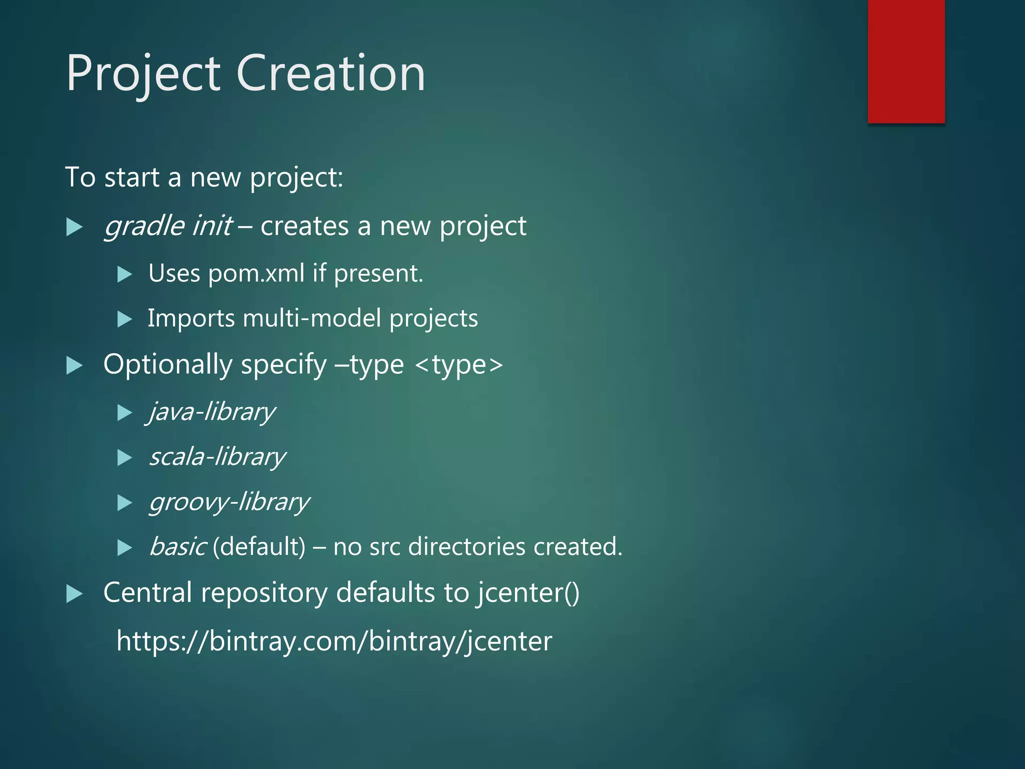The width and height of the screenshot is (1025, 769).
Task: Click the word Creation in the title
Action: (330, 74)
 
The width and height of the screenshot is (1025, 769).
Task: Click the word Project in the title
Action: (143, 74)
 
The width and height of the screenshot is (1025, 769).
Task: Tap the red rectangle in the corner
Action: (906, 61)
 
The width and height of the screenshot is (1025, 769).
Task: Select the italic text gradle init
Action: (168, 226)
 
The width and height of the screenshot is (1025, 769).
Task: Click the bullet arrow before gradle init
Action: (74, 228)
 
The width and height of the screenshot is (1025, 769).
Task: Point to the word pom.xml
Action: (256, 274)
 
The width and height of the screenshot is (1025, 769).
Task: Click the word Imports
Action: (191, 319)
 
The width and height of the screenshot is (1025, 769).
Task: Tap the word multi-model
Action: (311, 319)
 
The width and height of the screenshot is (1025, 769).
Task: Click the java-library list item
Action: (212, 412)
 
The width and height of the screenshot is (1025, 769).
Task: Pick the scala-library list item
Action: (217, 457)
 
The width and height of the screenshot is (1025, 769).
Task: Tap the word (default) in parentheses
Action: (259, 547)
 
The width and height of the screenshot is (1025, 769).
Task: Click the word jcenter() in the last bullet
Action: (528, 593)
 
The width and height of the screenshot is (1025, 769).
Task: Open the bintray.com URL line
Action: (334, 641)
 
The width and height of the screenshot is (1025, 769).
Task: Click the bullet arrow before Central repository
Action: (74, 594)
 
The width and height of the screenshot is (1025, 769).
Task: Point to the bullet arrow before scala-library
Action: (124, 458)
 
